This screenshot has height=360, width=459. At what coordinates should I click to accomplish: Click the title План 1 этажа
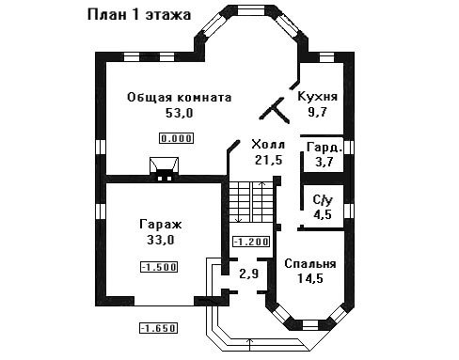tap(139, 15)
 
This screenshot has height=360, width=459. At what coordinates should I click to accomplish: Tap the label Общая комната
tap(180, 98)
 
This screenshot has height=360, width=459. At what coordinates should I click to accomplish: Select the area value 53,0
tap(180, 113)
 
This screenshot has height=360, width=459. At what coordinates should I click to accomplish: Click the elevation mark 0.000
tap(177, 138)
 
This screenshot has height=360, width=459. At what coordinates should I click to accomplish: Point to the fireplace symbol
tap(164, 169)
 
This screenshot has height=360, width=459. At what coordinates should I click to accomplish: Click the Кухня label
tap(317, 97)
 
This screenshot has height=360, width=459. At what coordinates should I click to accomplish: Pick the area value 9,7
tap(317, 112)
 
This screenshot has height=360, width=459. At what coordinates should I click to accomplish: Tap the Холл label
tap(268, 145)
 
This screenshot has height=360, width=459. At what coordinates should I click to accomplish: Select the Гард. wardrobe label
tap(324, 148)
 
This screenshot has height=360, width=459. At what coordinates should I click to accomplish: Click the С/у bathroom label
tap(323, 200)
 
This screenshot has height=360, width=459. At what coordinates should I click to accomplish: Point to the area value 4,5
tap(323, 214)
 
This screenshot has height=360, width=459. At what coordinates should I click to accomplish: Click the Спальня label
tap(310, 264)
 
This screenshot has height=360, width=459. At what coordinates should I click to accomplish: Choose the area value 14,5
tap(310, 278)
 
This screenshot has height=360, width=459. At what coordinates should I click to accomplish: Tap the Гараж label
tap(161, 225)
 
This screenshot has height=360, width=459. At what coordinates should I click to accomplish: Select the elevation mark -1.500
tap(159, 267)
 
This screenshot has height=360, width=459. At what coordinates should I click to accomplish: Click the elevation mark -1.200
tap(251, 242)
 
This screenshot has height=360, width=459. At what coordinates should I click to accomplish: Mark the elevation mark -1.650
tap(159, 328)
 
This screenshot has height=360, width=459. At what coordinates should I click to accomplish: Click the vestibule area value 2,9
tap(249, 274)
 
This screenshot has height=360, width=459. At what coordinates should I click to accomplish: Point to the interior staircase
tap(252, 202)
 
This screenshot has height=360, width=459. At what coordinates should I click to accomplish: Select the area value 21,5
tap(268, 160)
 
